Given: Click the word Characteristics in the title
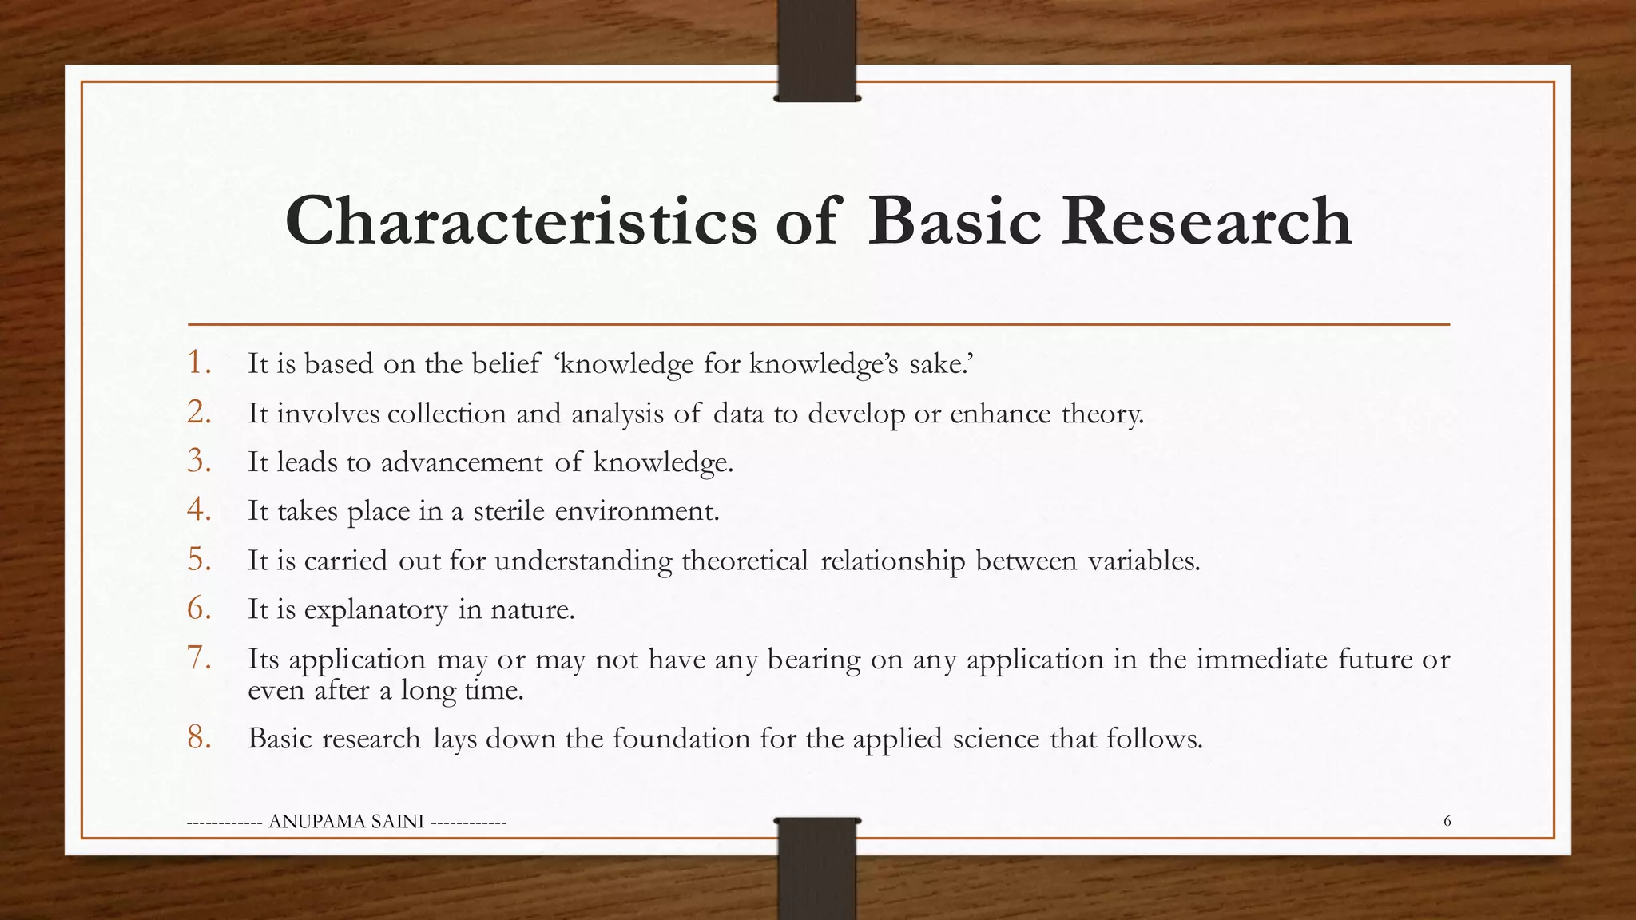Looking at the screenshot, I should (520, 220).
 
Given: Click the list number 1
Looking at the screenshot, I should (199, 363).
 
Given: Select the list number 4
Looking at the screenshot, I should (199, 510).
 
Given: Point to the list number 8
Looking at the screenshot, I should (199, 738).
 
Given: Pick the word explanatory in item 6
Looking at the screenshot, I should (375, 611).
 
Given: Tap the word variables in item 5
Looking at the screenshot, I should (1143, 561).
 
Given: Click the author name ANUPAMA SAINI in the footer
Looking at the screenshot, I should (347, 822).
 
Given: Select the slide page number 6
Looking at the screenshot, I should (1447, 821).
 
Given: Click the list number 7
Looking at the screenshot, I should (199, 659).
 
